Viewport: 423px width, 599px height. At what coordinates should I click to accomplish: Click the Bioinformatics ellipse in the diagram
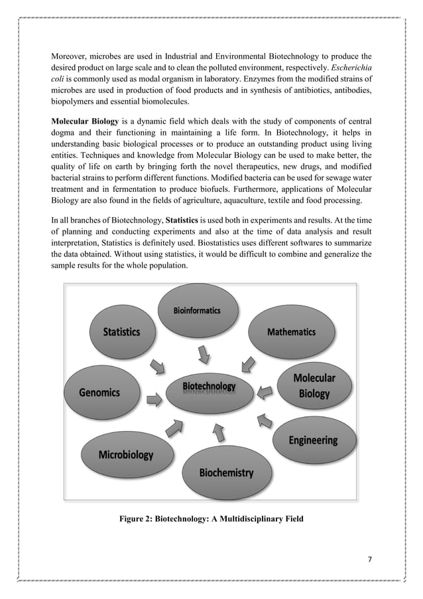[197, 311]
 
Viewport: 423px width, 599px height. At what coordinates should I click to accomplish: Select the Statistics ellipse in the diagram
[121, 332]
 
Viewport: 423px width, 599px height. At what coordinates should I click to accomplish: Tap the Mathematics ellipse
[291, 331]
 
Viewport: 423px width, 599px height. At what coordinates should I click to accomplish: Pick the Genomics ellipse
[99, 392]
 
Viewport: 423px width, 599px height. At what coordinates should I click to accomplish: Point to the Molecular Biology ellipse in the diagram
[314, 386]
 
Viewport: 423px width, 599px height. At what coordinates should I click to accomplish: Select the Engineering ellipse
[312, 440]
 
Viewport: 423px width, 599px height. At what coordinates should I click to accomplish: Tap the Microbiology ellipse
[125, 456]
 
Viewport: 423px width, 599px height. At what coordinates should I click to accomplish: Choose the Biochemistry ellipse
[227, 472]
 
